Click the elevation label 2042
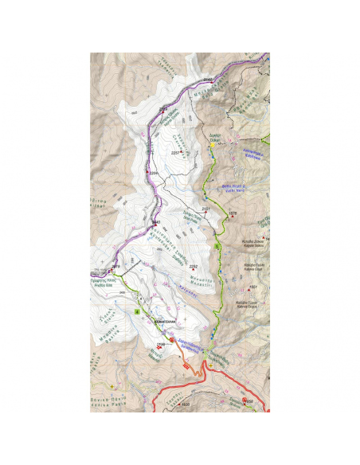(x=207, y=80)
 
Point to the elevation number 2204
(x=154, y=173)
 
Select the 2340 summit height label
(x=156, y=221)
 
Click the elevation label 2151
(x=205, y=209)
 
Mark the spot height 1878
(x=233, y=213)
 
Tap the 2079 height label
(x=115, y=266)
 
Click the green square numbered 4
(x=138, y=311)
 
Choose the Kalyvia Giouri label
(x=248, y=304)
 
